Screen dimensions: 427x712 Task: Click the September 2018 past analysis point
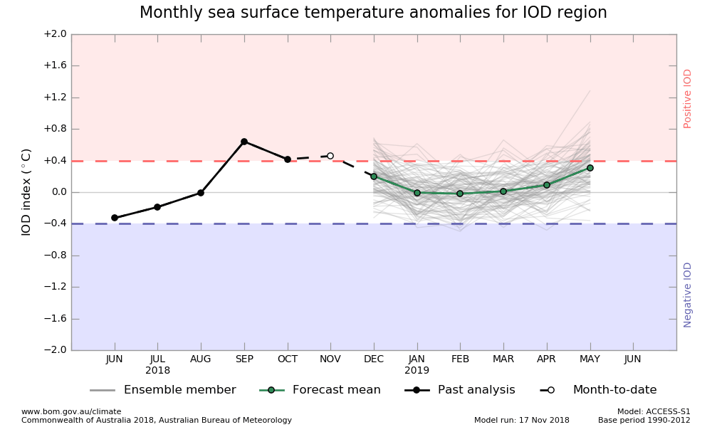(244, 142)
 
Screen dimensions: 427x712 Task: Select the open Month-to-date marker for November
(330, 156)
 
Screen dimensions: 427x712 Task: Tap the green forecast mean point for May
(590, 168)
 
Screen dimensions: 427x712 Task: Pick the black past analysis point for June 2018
(115, 218)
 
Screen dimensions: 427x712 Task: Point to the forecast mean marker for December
(374, 176)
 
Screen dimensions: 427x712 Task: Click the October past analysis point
(288, 159)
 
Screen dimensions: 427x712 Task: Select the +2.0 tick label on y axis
(55, 34)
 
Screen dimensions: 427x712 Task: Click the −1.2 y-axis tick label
(55, 287)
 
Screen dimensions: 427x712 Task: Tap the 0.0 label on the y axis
(58, 192)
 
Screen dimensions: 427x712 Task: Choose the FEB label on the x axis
(460, 359)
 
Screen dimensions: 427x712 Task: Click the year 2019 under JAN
(417, 371)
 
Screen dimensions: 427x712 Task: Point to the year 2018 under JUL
(158, 371)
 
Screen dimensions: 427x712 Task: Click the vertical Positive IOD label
(688, 98)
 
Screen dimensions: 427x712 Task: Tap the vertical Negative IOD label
(688, 295)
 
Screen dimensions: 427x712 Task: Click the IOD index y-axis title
(26, 192)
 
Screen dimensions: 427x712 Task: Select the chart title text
(373, 13)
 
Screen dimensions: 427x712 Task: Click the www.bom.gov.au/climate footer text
(71, 411)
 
